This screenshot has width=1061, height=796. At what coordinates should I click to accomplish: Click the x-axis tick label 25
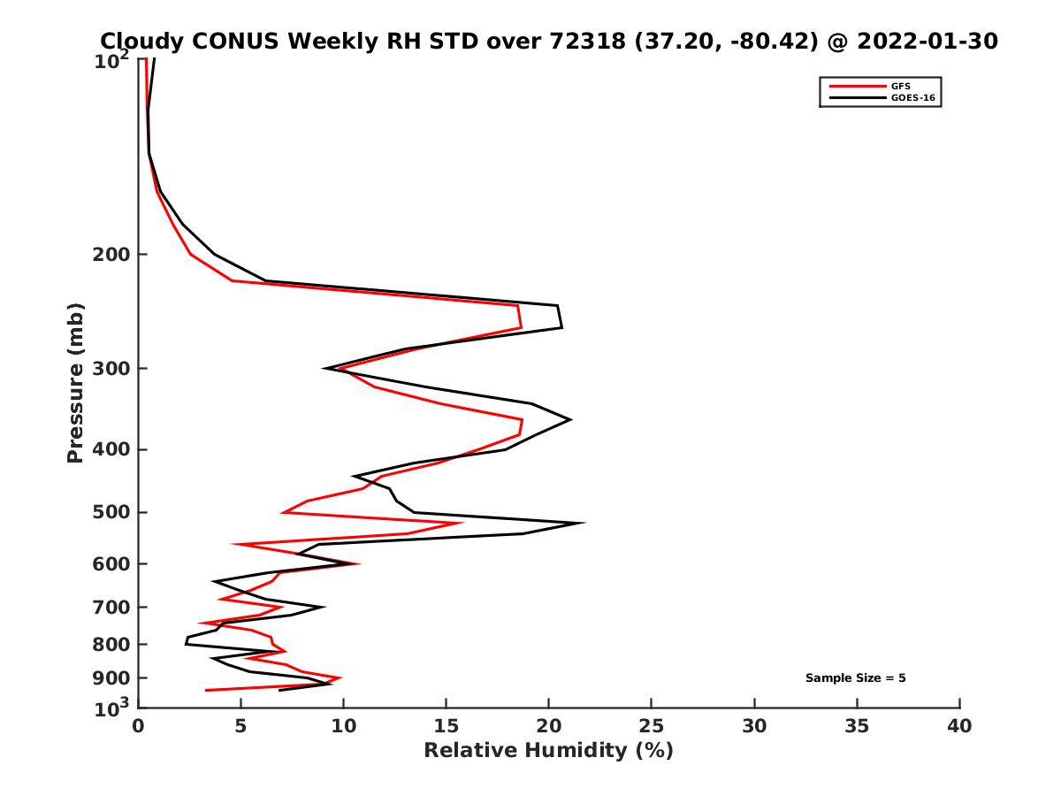(x=652, y=726)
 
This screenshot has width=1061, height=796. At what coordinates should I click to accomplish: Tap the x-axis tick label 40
(x=959, y=726)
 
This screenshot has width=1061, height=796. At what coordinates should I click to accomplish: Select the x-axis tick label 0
(x=139, y=726)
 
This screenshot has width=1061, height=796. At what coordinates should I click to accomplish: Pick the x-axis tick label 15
(x=447, y=726)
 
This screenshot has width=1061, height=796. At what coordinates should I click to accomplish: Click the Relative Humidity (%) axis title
(x=548, y=751)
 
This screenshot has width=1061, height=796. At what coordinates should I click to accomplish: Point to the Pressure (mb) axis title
(x=76, y=383)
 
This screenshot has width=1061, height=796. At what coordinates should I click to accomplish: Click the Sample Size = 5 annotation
(x=855, y=678)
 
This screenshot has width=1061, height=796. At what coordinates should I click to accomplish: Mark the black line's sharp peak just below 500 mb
(x=584, y=523)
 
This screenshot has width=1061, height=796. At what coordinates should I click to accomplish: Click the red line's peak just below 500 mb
(x=462, y=523)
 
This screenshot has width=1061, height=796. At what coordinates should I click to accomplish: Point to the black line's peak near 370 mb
(x=570, y=419)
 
